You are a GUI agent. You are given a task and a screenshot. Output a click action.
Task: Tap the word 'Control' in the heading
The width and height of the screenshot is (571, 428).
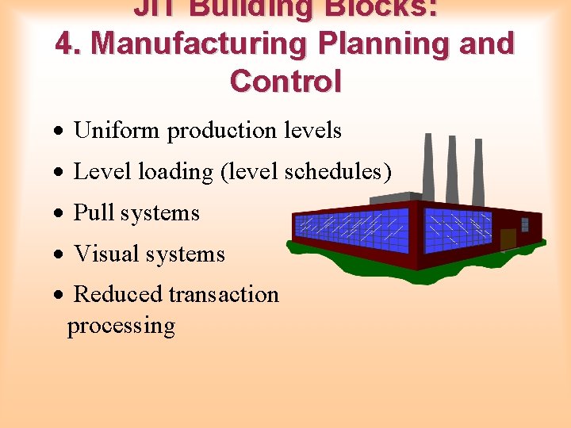(x=285, y=82)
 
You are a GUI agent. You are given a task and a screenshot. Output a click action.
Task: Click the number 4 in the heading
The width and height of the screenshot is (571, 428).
(x=65, y=44)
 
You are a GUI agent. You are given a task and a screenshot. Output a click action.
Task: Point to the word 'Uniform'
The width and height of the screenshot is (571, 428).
(x=117, y=130)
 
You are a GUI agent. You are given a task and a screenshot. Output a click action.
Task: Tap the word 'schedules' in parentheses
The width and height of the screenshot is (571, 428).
(x=334, y=171)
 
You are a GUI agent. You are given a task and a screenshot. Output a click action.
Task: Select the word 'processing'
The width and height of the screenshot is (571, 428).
(x=121, y=326)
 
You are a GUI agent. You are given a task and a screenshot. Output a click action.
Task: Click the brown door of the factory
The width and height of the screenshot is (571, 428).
(x=508, y=239)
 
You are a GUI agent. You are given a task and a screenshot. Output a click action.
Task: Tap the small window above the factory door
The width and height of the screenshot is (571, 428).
(x=524, y=224)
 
